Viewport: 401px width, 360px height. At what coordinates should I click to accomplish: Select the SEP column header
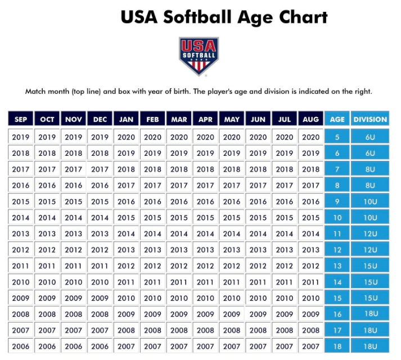[21, 119]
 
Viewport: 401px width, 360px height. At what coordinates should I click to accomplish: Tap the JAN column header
[126, 119]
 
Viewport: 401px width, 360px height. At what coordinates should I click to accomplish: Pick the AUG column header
[310, 119]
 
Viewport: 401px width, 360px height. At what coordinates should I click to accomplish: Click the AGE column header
[337, 119]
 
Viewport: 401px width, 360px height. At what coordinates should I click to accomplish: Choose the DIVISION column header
[370, 119]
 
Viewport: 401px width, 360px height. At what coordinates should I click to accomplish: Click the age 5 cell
[337, 137]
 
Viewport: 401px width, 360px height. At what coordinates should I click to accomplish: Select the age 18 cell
[337, 346]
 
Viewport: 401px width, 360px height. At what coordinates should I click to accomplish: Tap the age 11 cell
[337, 233]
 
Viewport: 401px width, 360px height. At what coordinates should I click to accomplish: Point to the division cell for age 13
[370, 266]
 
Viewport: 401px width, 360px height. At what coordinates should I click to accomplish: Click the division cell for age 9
[370, 201]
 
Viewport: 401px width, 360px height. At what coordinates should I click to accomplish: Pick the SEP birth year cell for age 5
[21, 137]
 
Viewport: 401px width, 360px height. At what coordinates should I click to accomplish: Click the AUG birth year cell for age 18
[310, 346]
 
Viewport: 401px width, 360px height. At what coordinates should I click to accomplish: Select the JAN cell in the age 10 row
[126, 218]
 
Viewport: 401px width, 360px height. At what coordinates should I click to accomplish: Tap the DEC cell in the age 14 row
[100, 282]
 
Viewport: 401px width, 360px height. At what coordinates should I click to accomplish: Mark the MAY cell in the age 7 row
[232, 169]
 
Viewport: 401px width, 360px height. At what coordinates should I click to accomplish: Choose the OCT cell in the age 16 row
[47, 314]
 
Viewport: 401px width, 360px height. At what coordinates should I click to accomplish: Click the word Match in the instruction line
[36, 91]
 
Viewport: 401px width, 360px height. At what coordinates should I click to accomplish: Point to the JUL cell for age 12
[285, 250]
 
